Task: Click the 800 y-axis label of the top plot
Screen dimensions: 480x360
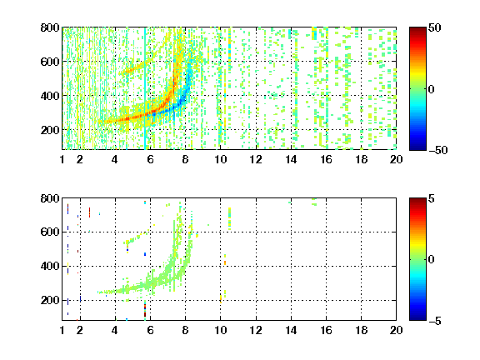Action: tap(50, 27)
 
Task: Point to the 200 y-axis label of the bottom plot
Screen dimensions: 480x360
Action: tap(50, 300)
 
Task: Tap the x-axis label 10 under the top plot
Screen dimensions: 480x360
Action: tap(220, 159)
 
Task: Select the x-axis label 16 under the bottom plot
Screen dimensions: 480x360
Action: tap(326, 330)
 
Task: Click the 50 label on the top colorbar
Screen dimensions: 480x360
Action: tap(434, 28)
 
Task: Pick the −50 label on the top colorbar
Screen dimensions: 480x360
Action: tap(438, 150)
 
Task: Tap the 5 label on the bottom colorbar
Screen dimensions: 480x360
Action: tap(432, 199)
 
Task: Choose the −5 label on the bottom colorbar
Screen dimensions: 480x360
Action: tap(435, 321)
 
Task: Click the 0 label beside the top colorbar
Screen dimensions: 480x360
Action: tap(432, 89)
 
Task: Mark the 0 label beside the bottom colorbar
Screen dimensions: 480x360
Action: tap(432, 260)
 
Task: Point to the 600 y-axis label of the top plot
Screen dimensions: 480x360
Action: tap(50, 62)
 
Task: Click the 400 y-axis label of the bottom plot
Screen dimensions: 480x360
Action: tap(50, 267)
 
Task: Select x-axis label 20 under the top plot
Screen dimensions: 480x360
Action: tap(396, 159)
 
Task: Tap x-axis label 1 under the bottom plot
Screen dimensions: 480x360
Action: tap(62, 330)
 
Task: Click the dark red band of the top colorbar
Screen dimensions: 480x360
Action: tap(417, 31)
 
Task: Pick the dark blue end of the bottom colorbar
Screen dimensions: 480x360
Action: tap(417, 317)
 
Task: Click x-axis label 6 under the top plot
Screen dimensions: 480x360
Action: tap(150, 159)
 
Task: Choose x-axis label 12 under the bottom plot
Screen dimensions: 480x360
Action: tap(256, 330)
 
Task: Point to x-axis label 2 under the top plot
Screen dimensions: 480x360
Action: tap(80, 159)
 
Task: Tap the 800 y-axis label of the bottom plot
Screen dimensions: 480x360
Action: tap(50, 198)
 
